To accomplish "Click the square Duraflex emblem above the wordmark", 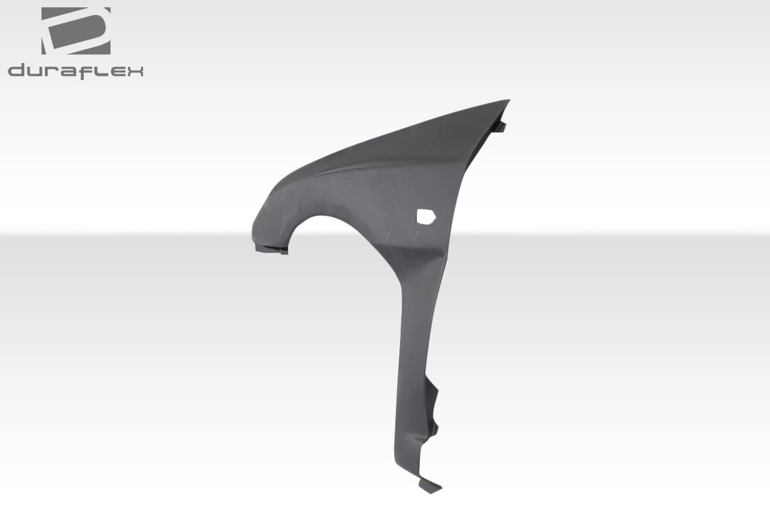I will coord(75,31).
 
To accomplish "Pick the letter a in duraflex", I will coord(69,72).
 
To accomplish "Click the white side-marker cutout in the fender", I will coord(425,217).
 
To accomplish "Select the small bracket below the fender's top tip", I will coord(499,126).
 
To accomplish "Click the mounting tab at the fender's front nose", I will coord(271,248).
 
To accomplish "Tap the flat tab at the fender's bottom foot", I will coord(430,485).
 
